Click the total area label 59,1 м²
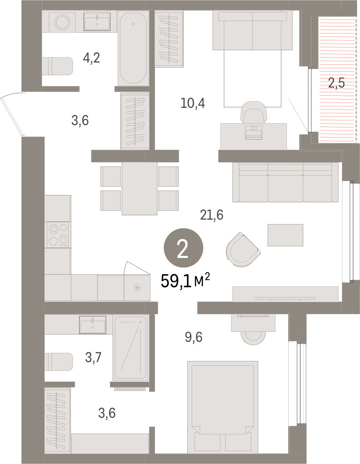click(185, 281)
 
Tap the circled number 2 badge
click(183, 248)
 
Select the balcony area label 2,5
click(336, 83)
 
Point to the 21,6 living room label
click(212, 215)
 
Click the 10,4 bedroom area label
click(193, 103)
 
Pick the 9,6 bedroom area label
click(194, 337)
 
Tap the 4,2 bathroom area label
click(92, 58)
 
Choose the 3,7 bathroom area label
click(93, 358)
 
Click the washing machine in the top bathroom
click(62, 22)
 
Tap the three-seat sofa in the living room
click(285, 182)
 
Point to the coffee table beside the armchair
click(285, 235)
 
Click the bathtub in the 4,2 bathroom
click(133, 48)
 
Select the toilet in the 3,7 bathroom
click(58, 361)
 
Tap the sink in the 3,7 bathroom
click(93, 324)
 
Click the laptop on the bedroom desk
click(254, 132)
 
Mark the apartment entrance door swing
click(12, 114)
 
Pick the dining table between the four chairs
click(140, 188)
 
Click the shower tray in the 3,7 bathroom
click(131, 348)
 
